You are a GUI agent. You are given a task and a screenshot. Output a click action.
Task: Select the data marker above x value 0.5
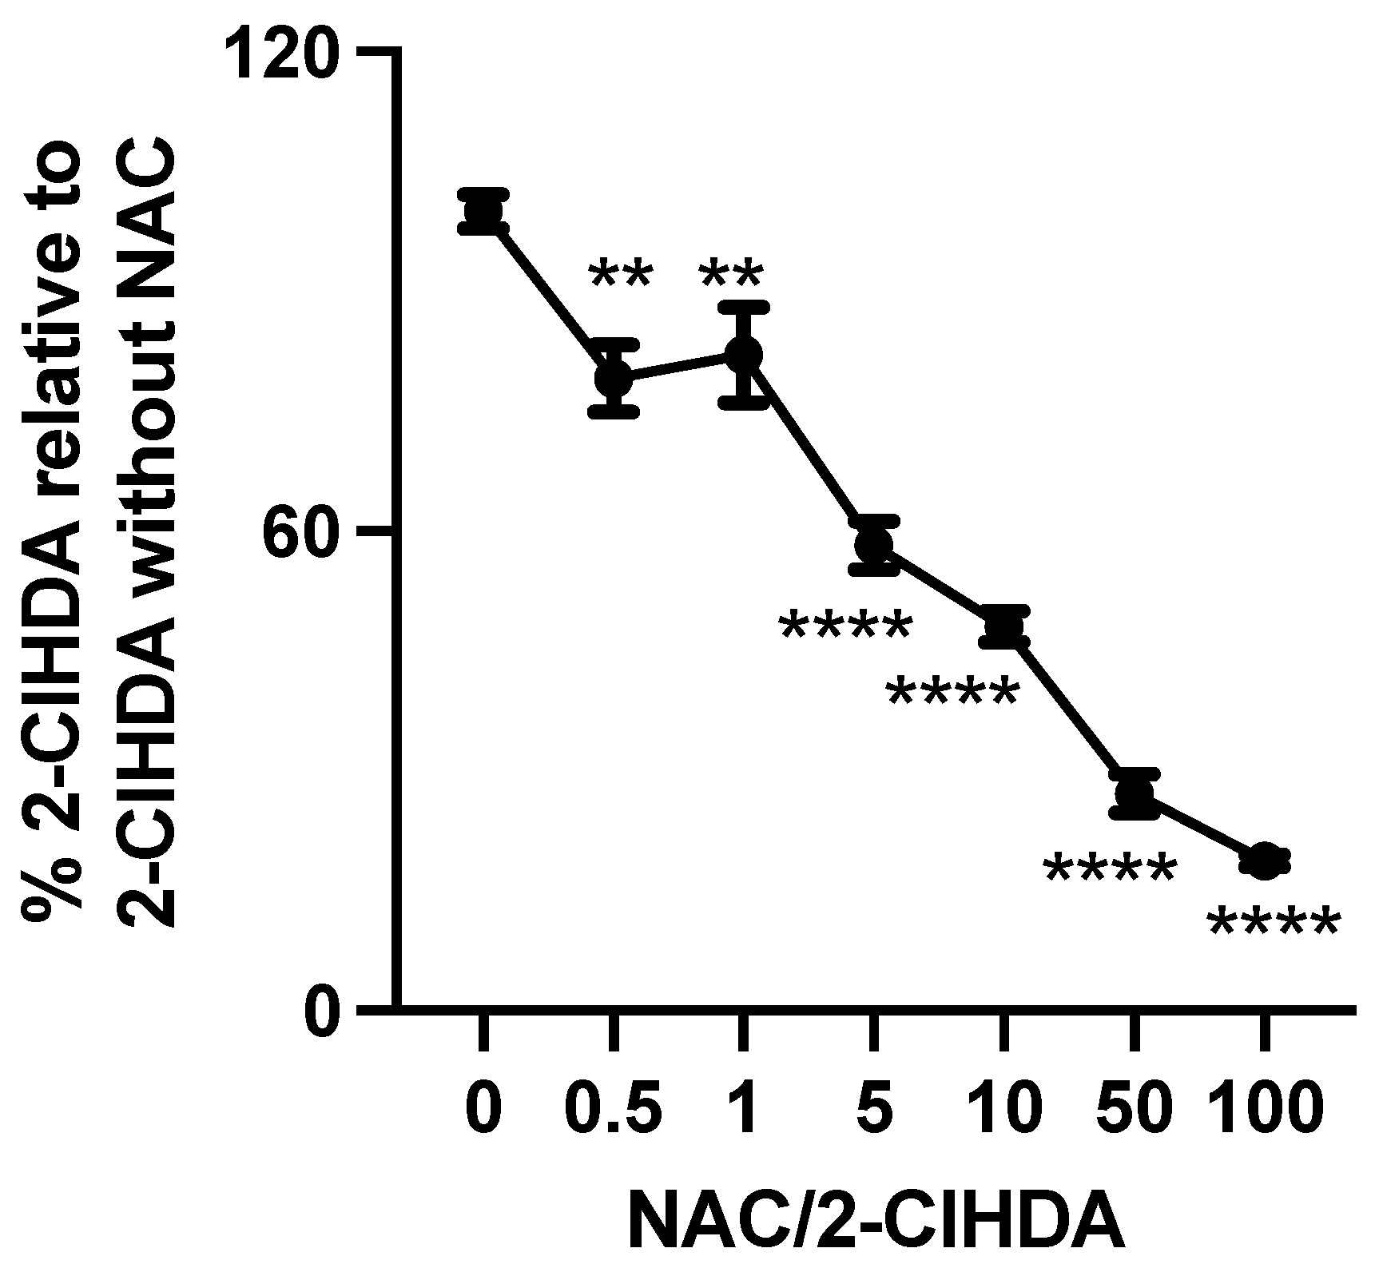[x=614, y=379]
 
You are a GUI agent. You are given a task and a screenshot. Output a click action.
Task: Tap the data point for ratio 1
[x=744, y=355]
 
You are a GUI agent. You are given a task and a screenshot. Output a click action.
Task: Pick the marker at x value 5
[x=874, y=545]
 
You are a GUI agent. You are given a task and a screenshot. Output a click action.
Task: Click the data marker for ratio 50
[x=1134, y=793]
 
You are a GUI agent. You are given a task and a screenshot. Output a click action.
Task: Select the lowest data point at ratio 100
[x=1264, y=861]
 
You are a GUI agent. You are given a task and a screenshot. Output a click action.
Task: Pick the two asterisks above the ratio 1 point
[x=731, y=276]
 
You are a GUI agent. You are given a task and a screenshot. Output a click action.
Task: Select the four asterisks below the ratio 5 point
[x=845, y=628]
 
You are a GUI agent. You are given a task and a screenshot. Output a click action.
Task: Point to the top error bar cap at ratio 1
[x=744, y=307]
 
